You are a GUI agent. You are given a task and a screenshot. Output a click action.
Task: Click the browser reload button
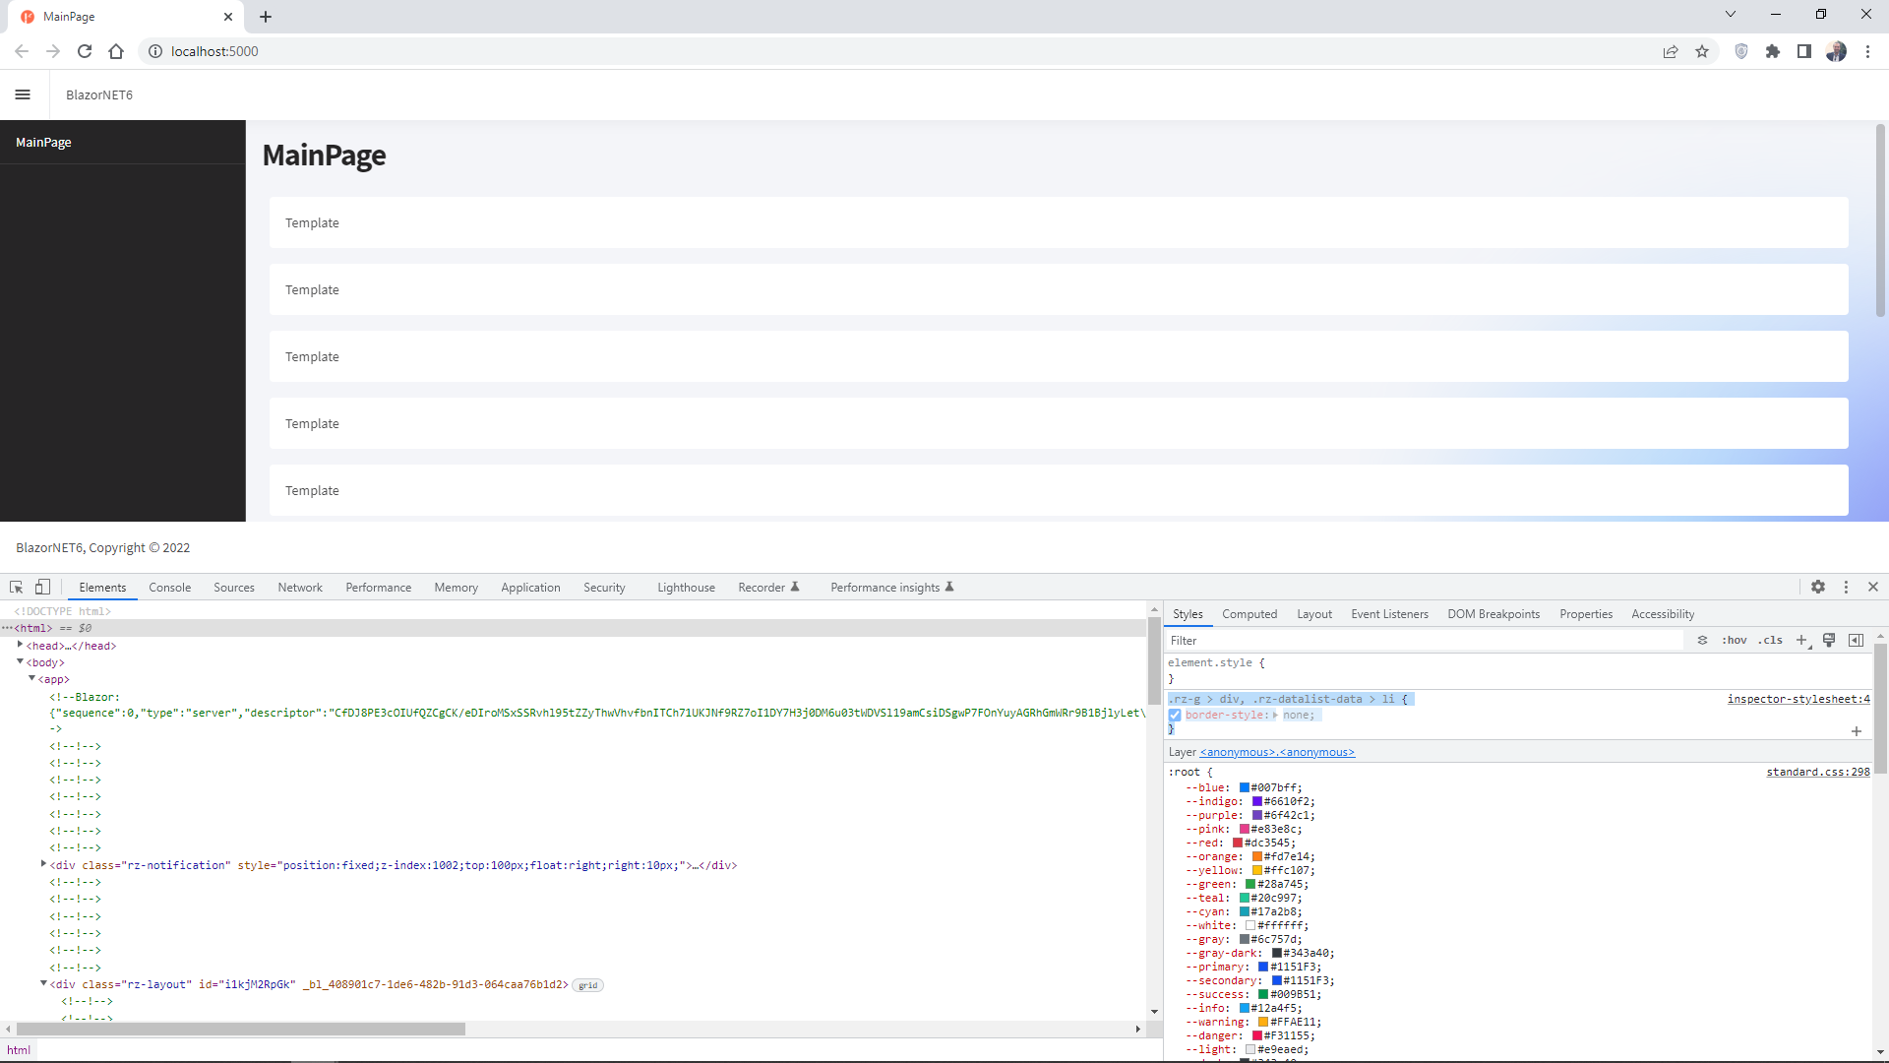85,51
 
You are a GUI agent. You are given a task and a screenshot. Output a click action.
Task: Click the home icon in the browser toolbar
116,51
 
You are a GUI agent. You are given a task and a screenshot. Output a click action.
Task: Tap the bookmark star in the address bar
1702,51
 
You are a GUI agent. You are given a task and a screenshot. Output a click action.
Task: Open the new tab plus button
266,17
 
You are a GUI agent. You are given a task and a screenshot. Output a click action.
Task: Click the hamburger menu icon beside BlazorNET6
23,94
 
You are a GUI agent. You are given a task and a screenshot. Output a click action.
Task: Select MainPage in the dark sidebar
43,142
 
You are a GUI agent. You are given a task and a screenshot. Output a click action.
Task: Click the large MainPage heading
324,156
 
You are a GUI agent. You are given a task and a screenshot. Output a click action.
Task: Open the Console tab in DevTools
170,588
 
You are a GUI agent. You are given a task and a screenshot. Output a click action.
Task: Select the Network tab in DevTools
300,588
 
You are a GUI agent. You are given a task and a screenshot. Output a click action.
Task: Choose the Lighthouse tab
686,588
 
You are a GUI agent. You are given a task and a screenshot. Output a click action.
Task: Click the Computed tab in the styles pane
1249,614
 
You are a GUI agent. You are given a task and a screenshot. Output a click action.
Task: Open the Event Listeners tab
1389,614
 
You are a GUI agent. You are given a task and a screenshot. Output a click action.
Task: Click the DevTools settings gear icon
1818,587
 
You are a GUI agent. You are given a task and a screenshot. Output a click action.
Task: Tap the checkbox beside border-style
1175,716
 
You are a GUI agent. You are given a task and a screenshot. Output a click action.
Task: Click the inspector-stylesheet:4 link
1798,699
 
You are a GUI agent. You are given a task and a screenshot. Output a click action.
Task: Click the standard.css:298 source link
1818,772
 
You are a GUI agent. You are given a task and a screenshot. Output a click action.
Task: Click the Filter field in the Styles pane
1427,641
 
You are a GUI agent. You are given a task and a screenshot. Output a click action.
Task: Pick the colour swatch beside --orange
1257,857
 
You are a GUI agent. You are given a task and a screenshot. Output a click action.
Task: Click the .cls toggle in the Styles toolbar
1771,641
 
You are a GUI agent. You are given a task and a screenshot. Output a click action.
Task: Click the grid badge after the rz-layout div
588,985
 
